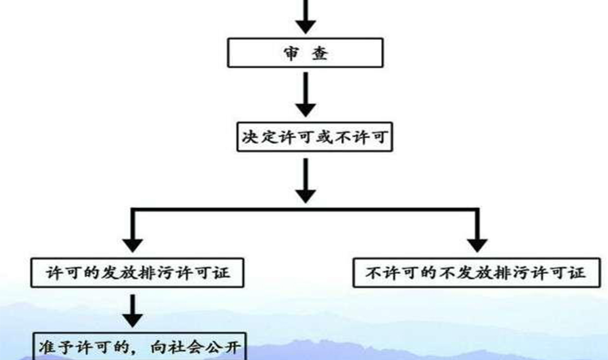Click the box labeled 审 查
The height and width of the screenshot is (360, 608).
[x=305, y=53]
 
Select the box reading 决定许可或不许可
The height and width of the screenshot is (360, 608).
[x=315, y=137]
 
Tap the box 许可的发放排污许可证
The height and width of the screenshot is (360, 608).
[x=137, y=273]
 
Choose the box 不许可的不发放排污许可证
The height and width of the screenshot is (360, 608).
[x=477, y=273]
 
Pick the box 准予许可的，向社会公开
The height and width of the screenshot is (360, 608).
[x=140, y=346]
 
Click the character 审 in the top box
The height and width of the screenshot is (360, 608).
[x=291, y=53]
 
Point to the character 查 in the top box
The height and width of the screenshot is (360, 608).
[x=320, y=53]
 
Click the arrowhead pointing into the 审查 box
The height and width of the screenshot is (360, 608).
[x=306, y=26]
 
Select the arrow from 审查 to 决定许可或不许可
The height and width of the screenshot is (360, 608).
[x=306, y=94]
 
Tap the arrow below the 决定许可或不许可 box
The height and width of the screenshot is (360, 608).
[x=306, y=181]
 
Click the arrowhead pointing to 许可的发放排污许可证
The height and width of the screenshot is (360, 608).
[x=133, y=245]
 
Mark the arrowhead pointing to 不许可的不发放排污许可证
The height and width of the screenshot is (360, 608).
[x=477, y=245]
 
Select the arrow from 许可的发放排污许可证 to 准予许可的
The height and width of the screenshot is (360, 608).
[x=133, y=311]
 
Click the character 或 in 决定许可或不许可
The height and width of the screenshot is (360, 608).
[x=324, y=137]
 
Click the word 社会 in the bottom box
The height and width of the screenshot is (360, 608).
[x=187, y=347]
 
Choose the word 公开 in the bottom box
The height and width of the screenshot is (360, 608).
[x=223, y=347]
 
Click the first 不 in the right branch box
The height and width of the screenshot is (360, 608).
[x=373, y=273]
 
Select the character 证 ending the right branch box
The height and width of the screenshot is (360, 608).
[x=578, y=273]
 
